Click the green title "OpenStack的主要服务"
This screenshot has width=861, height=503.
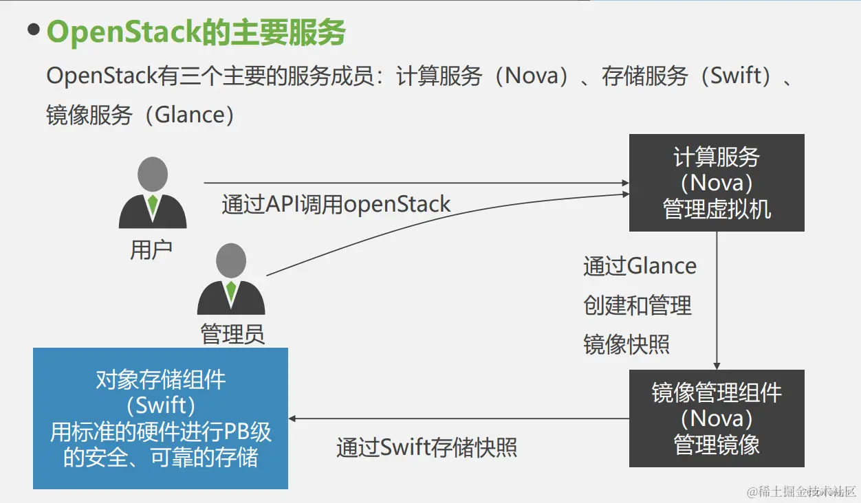(196, 33)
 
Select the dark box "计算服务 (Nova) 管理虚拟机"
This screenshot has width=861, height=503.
(717, 183)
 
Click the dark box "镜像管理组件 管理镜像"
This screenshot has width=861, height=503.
(717, 418)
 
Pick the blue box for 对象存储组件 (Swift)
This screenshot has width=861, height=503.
(160, 418)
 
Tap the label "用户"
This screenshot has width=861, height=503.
(151, 250)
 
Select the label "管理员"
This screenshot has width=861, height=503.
(232, 335)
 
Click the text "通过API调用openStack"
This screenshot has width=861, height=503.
(336, 204)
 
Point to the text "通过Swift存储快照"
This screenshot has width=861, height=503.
(426, 448)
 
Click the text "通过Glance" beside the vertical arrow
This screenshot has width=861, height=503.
(640, 266)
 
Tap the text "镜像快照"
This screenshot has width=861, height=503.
(626, 344)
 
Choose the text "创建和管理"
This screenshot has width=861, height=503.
(637, 305)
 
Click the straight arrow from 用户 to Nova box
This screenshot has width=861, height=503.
(413, 183)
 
